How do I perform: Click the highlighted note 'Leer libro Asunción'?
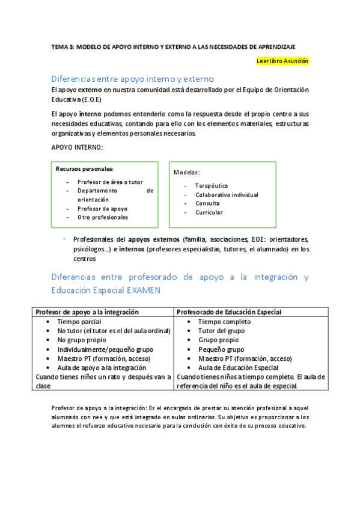282,61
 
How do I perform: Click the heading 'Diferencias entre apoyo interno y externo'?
133,79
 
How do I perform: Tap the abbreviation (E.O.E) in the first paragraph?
90,99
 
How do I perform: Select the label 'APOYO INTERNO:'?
77,147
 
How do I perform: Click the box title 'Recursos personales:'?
85,169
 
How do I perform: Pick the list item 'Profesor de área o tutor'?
110,182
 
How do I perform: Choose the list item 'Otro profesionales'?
103,217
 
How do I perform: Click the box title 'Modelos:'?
187,173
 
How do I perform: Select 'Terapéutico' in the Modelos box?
212,186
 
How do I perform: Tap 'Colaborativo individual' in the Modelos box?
227,195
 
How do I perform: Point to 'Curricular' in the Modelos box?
209,212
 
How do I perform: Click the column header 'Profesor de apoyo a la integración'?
88,312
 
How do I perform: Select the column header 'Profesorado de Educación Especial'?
229,312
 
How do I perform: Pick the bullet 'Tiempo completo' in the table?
225,322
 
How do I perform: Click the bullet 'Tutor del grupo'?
222,331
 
